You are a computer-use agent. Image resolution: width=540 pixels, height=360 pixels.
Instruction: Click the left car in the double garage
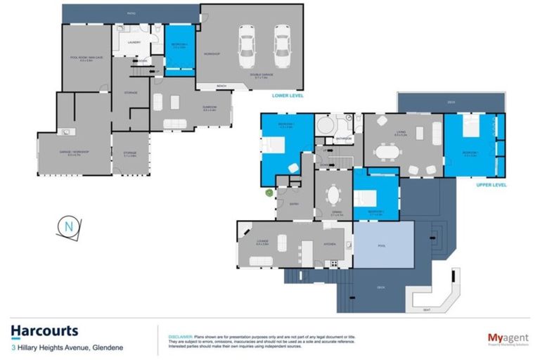tap(247, 45)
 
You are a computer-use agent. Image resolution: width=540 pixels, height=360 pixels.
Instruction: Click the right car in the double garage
tap(282, 45)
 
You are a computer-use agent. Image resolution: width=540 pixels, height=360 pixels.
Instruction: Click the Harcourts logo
tap(44, 331)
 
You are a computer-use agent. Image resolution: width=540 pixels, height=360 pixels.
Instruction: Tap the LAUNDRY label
tap(134, 43)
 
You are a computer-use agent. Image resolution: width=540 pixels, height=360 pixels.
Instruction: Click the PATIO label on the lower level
tap(131, 13)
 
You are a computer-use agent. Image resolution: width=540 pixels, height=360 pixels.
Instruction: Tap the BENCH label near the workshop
tap(221, 86)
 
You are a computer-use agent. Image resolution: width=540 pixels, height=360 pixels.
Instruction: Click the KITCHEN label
tap(330, 244)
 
